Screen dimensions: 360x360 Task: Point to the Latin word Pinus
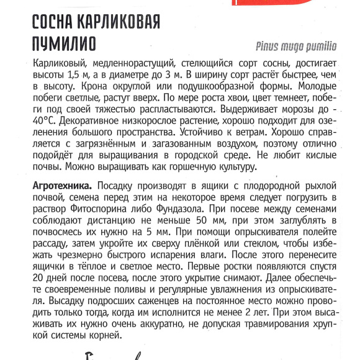(x=268, y=46)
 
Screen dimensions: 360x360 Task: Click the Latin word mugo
(x=295, y=46)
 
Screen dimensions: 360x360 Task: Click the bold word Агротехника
(x=61, y=186)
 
